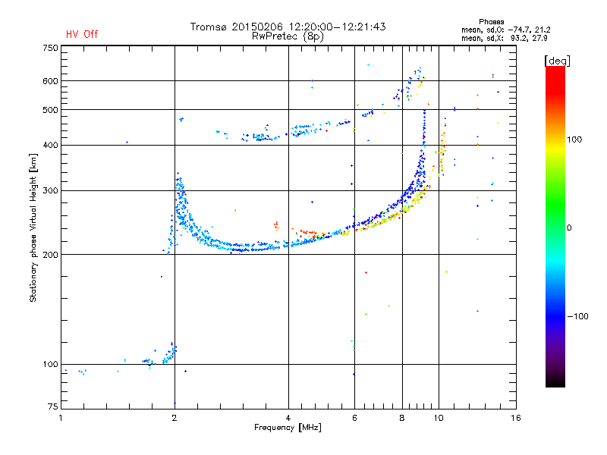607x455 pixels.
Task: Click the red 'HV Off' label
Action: coord(82,34)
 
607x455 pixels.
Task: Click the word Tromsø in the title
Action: coord(208,27)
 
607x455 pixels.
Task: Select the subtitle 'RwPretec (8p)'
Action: coord(288,36)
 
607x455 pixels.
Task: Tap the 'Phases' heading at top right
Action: coord(491,22)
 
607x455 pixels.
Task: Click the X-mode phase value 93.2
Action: coord(518,39)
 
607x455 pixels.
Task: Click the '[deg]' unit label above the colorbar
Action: coord(557,61)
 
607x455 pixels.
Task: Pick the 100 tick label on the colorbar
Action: coord(574,140)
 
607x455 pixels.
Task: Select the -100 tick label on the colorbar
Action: coord(577,316)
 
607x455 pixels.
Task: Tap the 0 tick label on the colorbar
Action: coord(569,228)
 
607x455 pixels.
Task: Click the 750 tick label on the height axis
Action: coord(51,48)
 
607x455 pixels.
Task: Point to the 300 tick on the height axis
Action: coord(51,191)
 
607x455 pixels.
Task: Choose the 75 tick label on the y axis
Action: coord(53,406)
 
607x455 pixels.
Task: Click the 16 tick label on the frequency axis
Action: coord(516,419)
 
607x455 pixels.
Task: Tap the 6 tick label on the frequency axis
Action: coord(354,419)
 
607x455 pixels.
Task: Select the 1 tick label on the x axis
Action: coord(61,419)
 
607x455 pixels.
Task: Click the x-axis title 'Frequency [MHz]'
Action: coord(288,428)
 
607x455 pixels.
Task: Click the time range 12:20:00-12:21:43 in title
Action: coord(337,27)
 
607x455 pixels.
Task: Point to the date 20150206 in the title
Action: coord(257,27)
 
